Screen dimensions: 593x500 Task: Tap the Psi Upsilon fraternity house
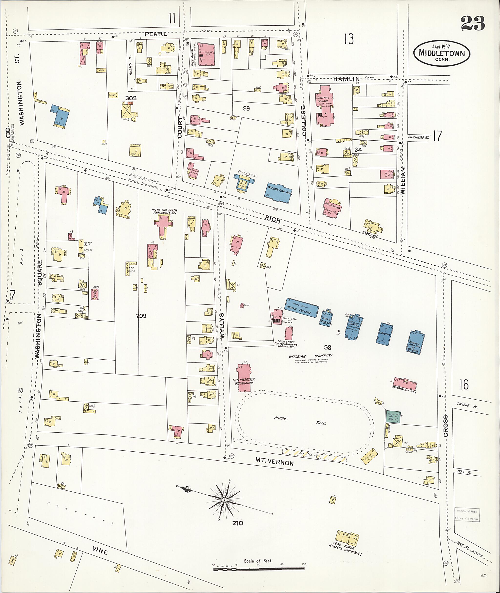coord(332,208)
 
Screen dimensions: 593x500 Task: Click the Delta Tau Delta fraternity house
coord(163,225)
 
